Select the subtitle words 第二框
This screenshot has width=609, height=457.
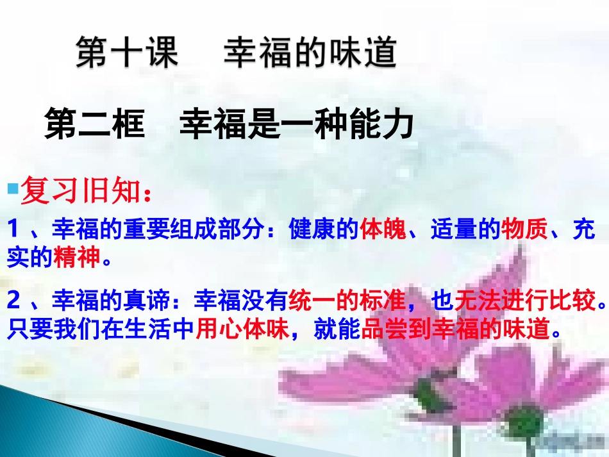click(x=94, y=124)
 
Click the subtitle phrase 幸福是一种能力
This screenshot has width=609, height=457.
click(x=296, y=124)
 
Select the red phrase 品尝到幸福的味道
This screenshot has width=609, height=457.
click(x=456, y=329)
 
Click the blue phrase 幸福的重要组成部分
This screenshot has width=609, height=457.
click(x=159, y=229)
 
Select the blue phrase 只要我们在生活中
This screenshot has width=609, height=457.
click(x=101, y=329)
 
